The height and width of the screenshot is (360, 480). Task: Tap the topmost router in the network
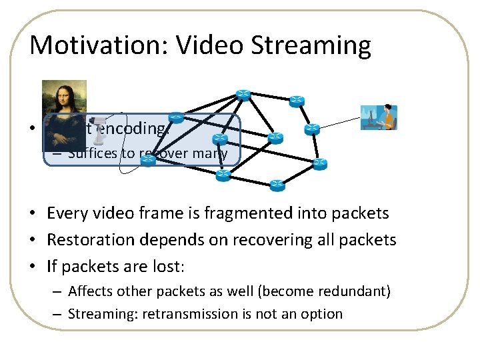click(242, 95)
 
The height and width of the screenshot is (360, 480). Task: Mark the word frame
click(148, 213)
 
